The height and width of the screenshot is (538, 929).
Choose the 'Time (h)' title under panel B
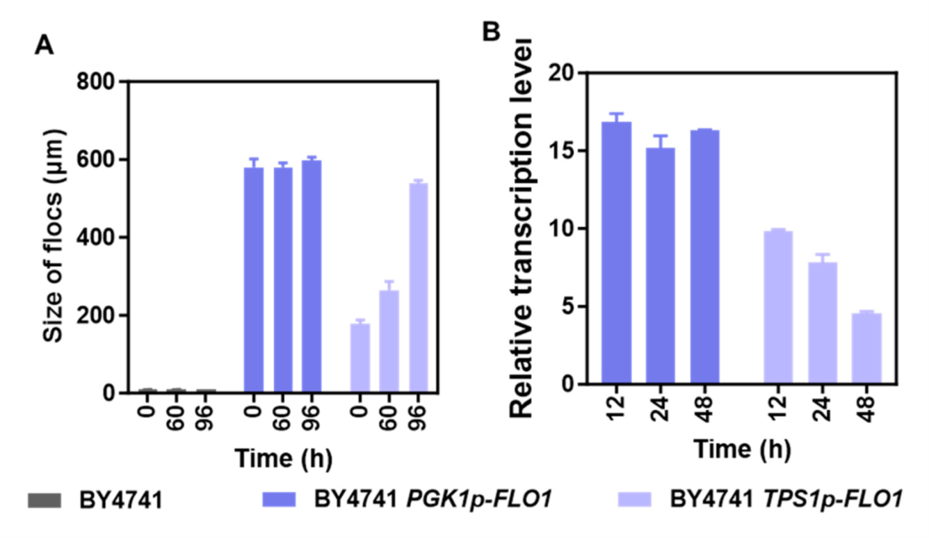741,450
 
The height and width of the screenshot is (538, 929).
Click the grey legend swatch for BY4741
45,500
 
